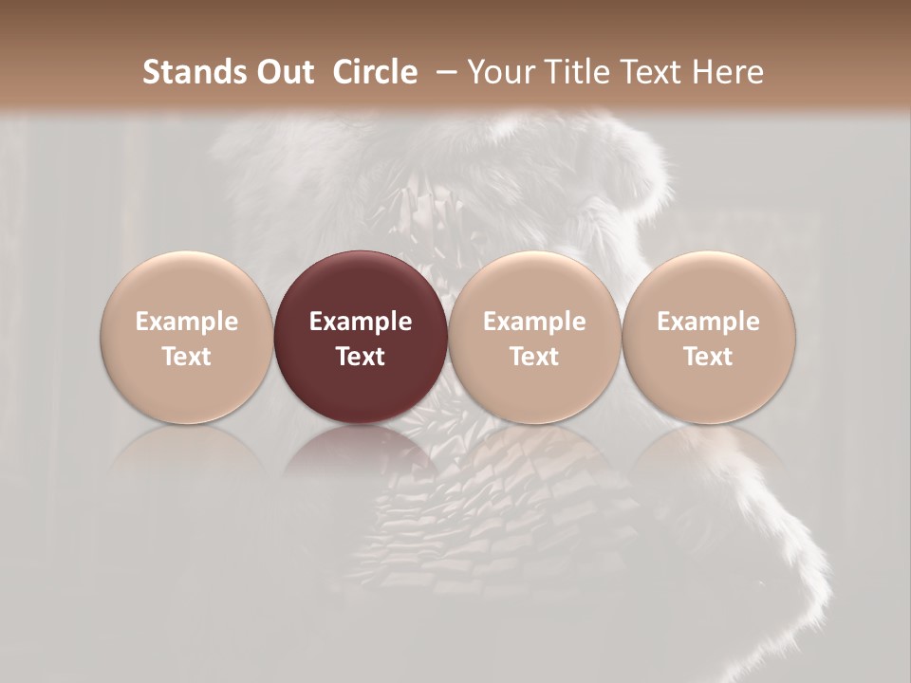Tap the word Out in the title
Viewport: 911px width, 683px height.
(283, 72)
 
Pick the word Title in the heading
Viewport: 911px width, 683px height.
(580, 72)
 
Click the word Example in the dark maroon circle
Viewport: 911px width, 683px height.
(361, 322)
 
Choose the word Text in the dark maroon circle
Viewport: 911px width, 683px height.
(361, 357)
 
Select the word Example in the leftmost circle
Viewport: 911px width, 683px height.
(187, 322)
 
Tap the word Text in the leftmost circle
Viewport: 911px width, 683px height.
(187, 357)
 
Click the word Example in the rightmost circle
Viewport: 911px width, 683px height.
(709, 322)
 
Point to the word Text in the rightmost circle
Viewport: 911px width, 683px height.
(709, 357)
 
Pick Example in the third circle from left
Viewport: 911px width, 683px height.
(534, 322)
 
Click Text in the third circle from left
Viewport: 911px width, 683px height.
(534, 357)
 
